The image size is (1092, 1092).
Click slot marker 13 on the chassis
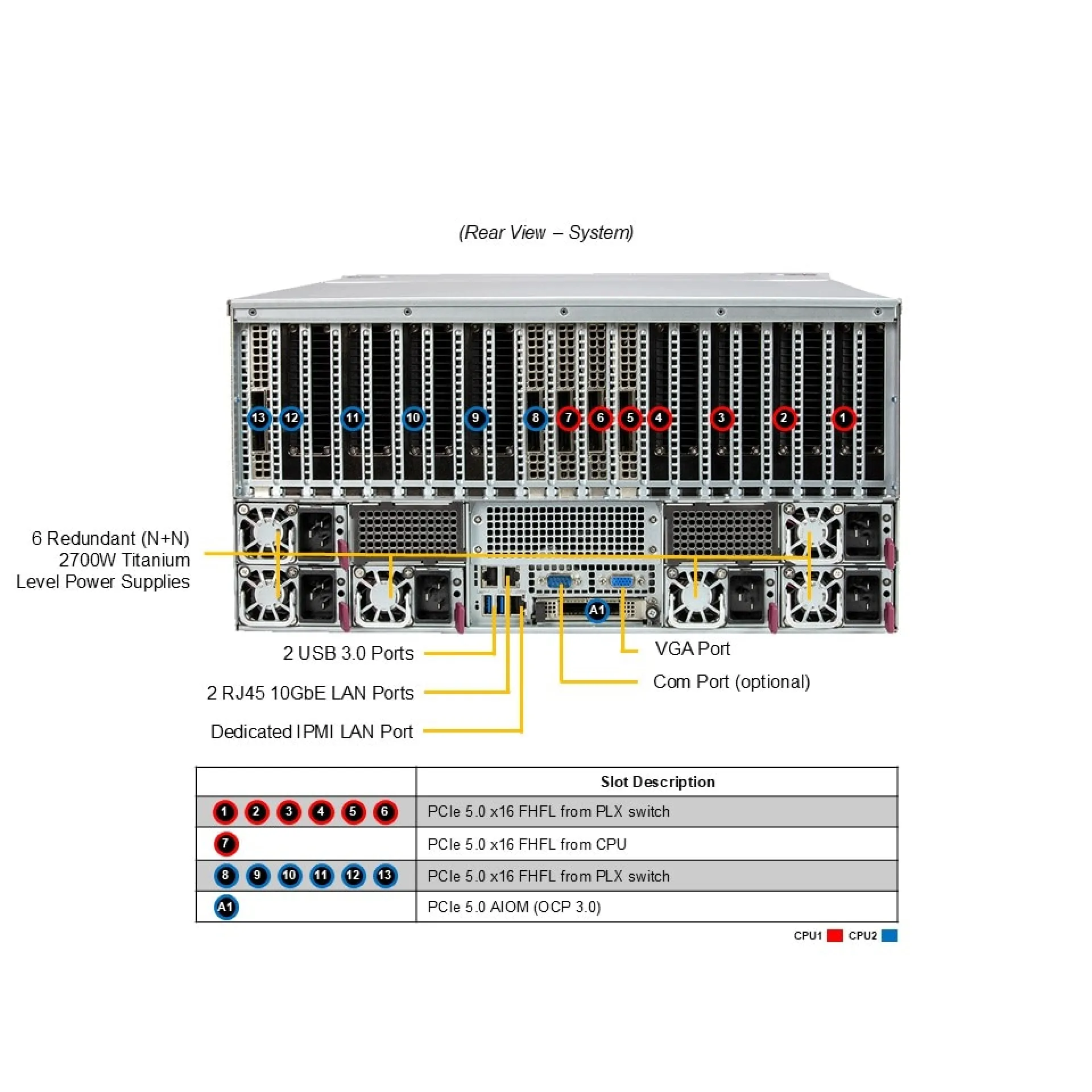point(259,418)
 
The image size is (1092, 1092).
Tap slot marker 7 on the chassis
point(568,418)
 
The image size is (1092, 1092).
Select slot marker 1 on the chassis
point(843,418)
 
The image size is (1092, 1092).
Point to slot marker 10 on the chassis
point(413,418)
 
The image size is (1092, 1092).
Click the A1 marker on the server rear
point(597,610)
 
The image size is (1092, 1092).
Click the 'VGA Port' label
point(692,648)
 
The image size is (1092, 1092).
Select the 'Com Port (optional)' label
point(731,681)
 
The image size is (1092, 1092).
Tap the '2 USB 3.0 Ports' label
point(348,653)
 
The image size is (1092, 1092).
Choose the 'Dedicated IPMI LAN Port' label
point(312,731)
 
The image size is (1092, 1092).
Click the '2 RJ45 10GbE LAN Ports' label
point(310,693)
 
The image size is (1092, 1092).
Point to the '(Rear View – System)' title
point(546,232)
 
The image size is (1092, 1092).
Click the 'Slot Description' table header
point(657,781)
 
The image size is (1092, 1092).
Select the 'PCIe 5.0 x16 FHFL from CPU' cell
point(527,844)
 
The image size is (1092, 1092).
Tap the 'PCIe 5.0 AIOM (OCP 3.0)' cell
point(514,907)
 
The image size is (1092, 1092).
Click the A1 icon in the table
point(226,907)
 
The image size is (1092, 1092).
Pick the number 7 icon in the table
point(226,843)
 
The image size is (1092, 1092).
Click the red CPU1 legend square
point(834,936)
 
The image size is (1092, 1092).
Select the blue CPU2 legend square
point(889,936)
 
